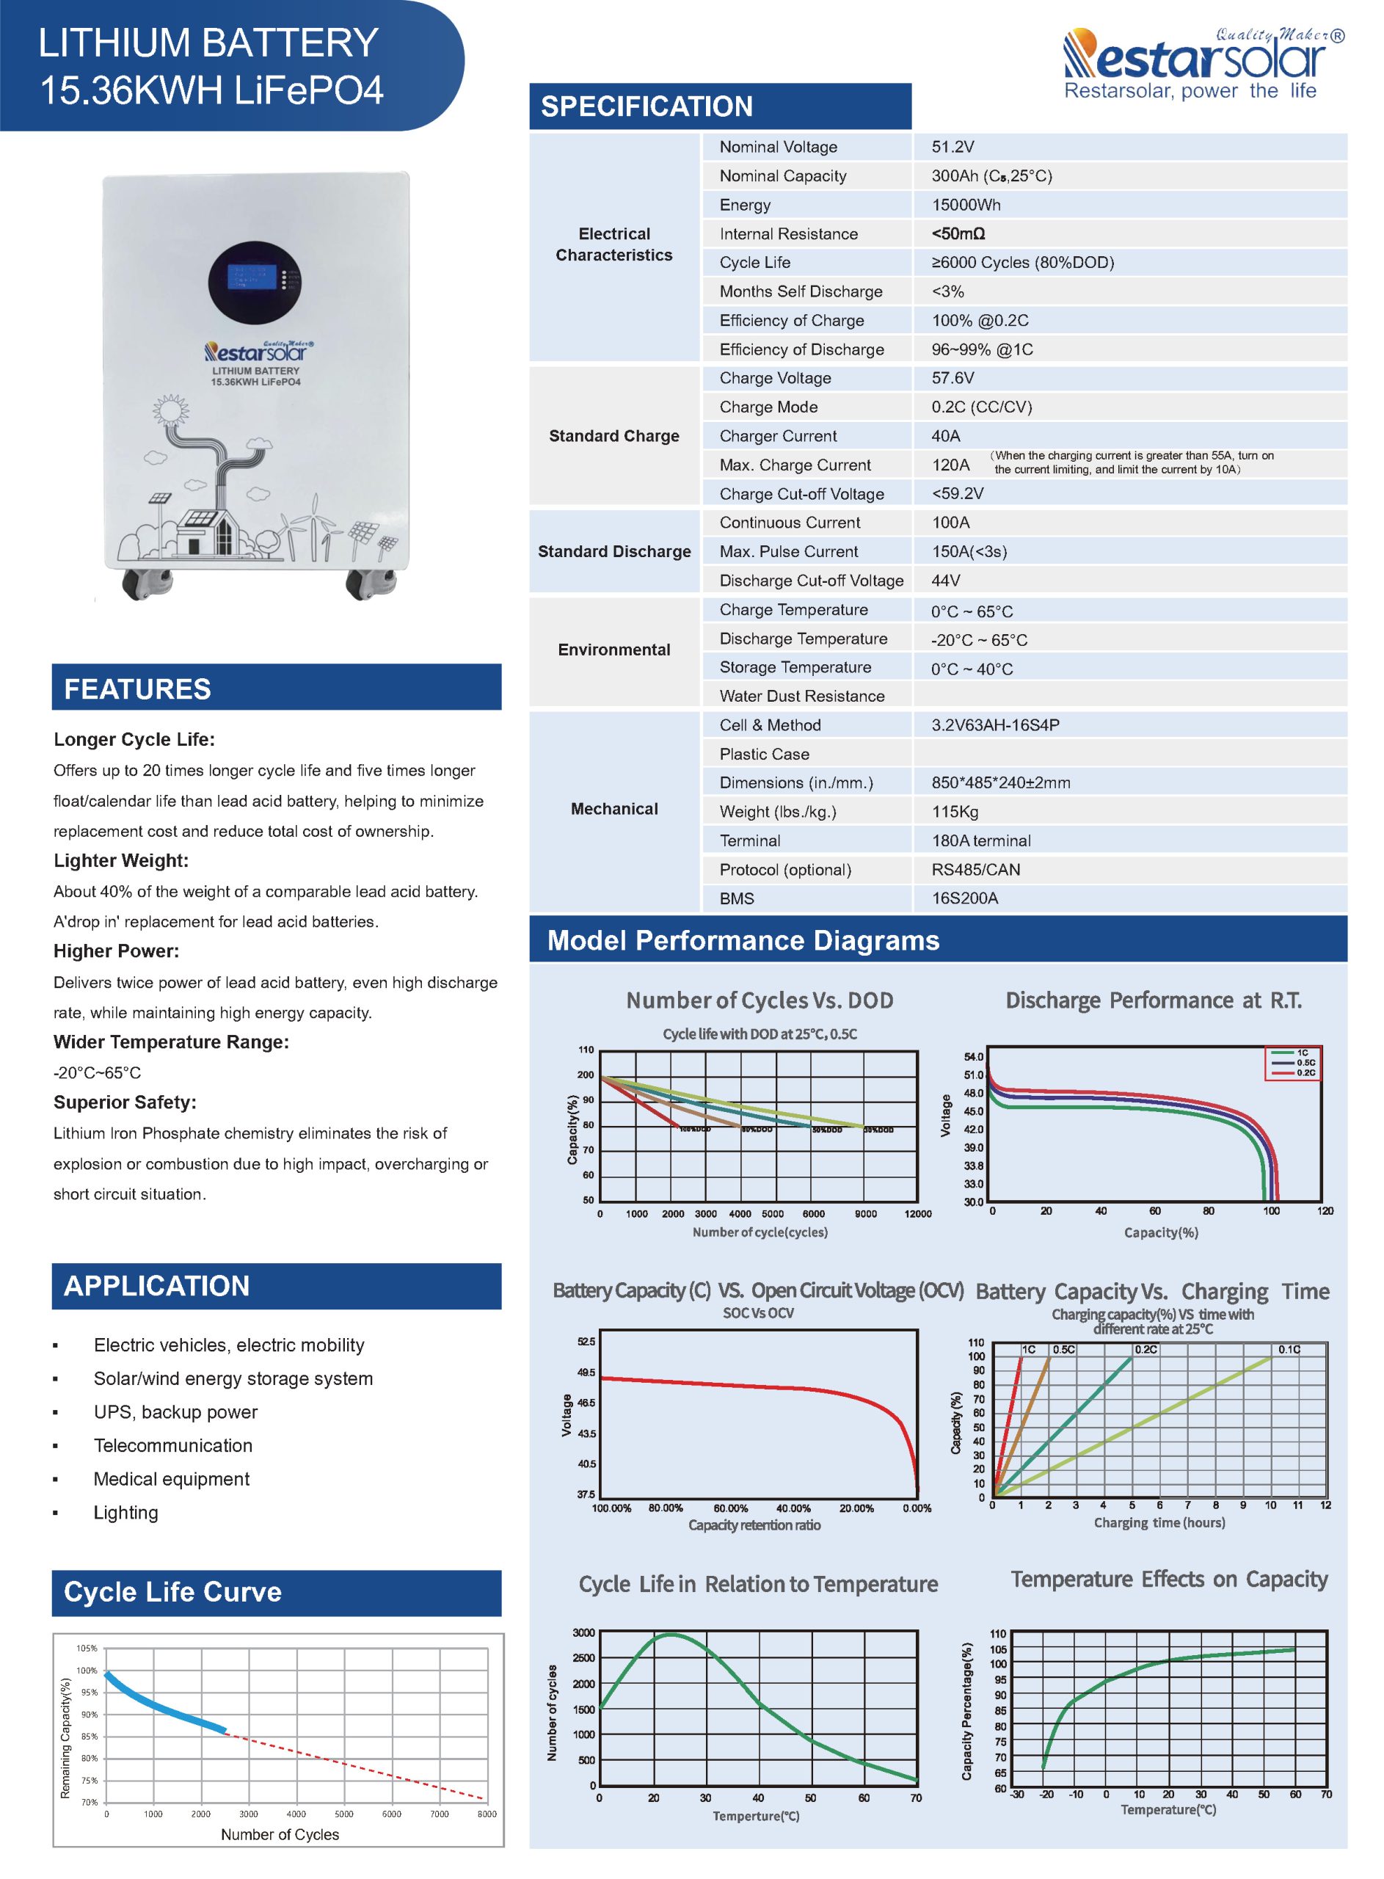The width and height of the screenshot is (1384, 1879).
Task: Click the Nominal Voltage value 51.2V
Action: click(x=953, y=147)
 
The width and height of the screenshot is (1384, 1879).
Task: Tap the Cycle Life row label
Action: click(x=754, y=262)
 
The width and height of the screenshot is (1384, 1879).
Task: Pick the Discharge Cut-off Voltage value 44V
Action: click(x=946, y=581)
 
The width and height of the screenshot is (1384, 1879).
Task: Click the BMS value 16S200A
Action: click(x=964, y=898)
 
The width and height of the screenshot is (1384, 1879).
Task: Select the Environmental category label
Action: click(x=614, y=650)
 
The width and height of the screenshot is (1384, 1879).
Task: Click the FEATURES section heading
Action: click(x=137, y=688)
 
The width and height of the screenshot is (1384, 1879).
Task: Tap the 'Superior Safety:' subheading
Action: click(x=125, y=1102)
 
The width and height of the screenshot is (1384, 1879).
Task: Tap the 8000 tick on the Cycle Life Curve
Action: click(x=486, y=1814)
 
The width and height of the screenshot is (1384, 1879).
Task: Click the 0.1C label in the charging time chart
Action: click(x=1289, y=1350)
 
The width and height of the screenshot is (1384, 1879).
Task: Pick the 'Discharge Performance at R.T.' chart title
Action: click(x=1153, y=1000)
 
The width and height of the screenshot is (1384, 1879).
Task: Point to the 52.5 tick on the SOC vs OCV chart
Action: click(x=586, y=1341)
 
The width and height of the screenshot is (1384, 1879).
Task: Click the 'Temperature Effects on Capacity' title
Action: click(x=1169, y=1579)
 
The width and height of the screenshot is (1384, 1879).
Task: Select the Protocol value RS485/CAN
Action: click(x=975, y=870)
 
